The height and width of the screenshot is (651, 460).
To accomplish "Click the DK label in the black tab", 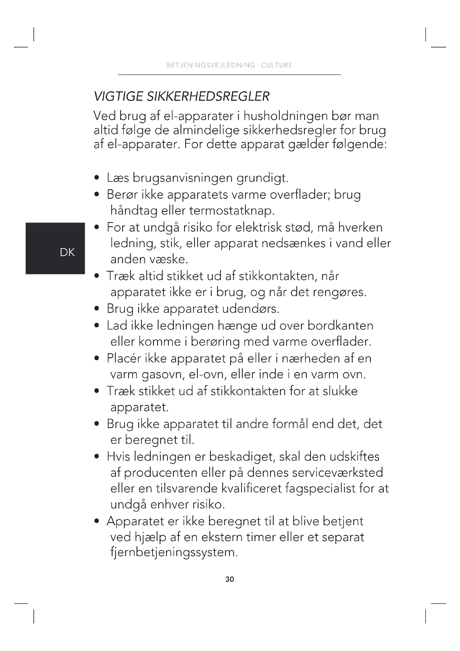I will point(67,252).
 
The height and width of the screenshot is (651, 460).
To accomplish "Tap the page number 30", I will point(230,579).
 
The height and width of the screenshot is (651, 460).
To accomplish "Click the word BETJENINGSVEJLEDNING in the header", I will point(211,65).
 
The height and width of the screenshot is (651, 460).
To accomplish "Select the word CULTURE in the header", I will point(277,65).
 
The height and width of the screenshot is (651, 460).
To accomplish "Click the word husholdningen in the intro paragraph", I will point(286,116).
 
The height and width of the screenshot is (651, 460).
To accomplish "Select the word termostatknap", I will point(232,211).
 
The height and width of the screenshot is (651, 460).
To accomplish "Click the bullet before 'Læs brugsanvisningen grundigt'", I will point(97,178).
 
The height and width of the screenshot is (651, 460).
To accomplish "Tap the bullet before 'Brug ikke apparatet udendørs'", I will point(97,309).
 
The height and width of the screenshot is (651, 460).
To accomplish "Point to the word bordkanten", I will point(340,326).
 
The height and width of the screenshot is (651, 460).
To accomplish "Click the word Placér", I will point(124,358).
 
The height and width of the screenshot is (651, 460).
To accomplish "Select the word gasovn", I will point(163,375).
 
